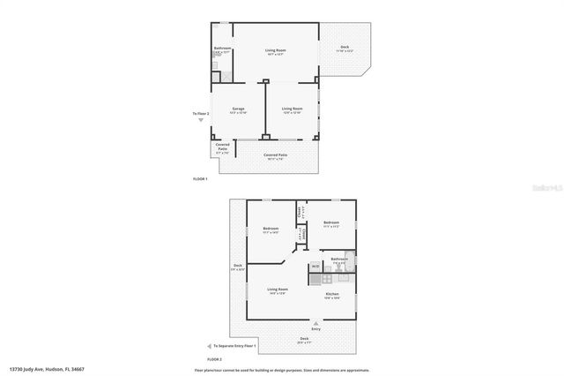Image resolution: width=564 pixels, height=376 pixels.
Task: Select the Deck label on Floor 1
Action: point(345,49)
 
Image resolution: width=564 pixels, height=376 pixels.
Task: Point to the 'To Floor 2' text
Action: point(202,114)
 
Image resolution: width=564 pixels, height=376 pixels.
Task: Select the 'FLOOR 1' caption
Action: point(200,179)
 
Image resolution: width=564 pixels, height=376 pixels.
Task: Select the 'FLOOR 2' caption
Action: point(214,360)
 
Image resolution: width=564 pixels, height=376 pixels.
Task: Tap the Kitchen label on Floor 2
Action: point(332,295)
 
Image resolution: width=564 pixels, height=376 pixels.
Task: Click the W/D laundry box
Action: point(315,266)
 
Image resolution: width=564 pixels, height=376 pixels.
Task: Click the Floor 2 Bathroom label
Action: point(340,259)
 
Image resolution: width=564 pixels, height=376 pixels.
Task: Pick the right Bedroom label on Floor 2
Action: point(331,223)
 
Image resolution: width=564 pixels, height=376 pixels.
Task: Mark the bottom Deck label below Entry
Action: point(304,340)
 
